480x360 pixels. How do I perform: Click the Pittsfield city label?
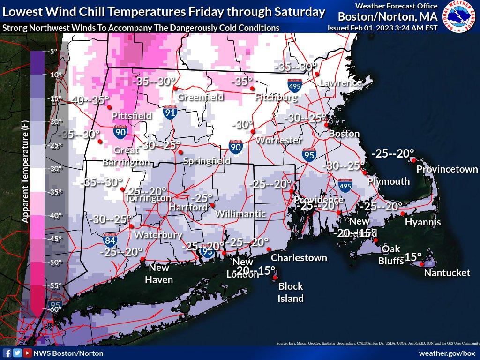click(132, 115)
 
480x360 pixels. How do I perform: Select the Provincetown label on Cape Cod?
click(447, 169)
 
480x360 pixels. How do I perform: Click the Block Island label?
click(291, 292)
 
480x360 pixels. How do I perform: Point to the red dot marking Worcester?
click(253, 132)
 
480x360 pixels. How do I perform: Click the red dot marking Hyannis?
click(403, 214)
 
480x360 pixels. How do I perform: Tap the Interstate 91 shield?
click(170, 112)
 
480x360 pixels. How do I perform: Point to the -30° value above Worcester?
click(242, 125)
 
